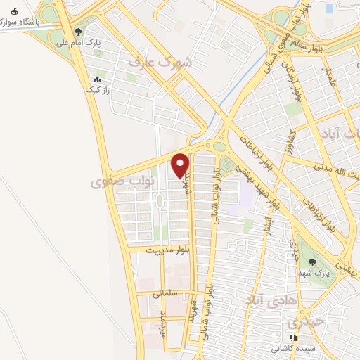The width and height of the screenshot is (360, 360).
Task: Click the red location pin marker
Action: (181, 165)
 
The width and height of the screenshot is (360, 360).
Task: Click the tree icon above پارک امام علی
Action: (79, 31)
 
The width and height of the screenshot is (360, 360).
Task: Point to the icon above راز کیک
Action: (96, 79)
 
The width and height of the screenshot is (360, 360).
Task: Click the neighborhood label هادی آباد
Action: (266, 300)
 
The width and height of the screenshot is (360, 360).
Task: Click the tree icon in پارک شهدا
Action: (313, 262)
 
